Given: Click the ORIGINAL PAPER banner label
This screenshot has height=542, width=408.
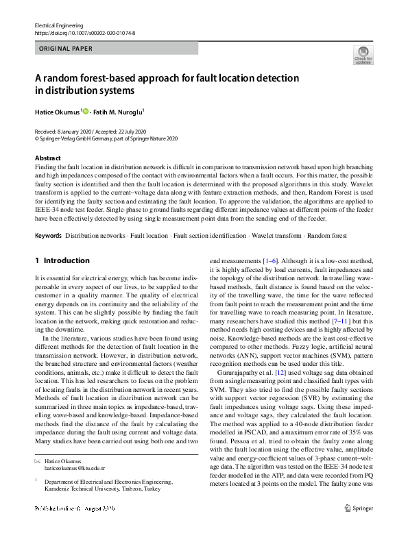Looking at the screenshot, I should (x=66, y=49).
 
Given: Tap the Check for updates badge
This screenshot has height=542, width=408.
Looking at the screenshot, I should (x=362, y=56).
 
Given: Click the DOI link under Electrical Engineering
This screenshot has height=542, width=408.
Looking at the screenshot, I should (x=84, y=32).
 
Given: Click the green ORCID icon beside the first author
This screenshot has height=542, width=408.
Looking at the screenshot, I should (x=86, y=110).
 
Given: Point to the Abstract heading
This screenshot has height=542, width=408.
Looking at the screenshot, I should (x=47, y=158).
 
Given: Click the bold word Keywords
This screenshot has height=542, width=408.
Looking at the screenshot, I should (x=48, y=235).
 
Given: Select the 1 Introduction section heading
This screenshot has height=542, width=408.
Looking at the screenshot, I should (x=62, y=261).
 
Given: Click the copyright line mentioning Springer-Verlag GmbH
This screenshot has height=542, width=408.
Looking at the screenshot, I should (x=106, y=138).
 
